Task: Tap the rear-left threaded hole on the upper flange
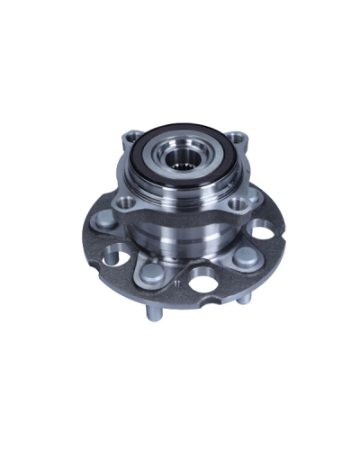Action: coord(126,139)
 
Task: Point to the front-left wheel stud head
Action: coord(149,271)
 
